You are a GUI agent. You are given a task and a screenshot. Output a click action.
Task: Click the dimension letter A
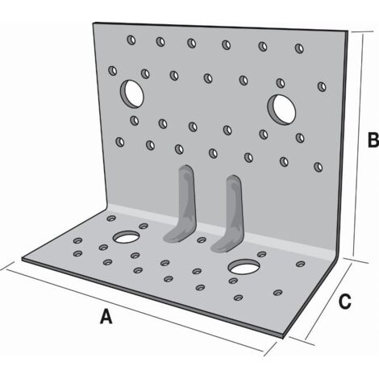click(106, 316)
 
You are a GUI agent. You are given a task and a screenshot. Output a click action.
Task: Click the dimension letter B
click(373, 140)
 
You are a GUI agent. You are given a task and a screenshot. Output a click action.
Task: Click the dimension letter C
click(345, 302)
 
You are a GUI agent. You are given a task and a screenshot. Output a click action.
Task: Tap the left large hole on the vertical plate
click(131, 94)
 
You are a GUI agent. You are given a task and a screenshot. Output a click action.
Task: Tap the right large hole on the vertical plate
click(281, 110)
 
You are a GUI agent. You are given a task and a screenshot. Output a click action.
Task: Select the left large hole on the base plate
click(127, 237)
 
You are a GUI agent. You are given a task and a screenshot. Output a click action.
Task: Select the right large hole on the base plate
click(244, 266)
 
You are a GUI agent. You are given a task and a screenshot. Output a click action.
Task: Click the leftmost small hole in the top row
click(131, 40)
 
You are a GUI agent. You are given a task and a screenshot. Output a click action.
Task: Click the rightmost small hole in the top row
click(299, 48)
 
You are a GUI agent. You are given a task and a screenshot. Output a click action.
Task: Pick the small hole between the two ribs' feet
click(202, 239)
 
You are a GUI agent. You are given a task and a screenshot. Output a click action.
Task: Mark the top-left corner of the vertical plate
click(94, 23)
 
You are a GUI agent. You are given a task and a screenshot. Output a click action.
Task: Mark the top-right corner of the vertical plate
click(348, 31)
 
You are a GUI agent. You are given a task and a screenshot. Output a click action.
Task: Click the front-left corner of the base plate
click(22, 259)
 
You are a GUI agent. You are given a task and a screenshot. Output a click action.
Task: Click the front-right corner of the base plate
click(283, 337)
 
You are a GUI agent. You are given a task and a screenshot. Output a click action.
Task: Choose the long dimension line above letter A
click(135, 310)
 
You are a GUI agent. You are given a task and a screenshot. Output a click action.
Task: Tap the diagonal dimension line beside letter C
click(328, 302)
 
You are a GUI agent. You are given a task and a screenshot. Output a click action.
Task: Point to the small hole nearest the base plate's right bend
click(300, 264)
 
